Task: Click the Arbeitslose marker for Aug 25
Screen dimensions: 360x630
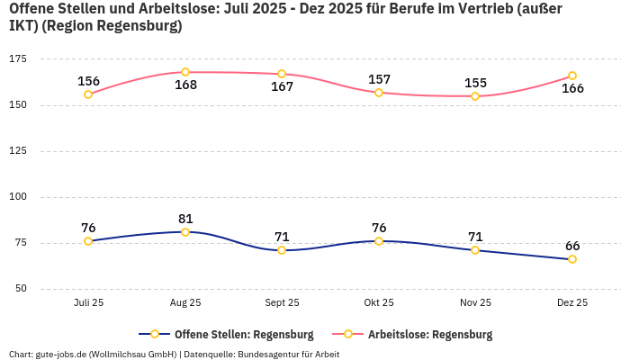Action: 185,72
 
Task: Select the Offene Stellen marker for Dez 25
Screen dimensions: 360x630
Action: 572,259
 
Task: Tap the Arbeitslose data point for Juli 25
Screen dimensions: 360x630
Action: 88,94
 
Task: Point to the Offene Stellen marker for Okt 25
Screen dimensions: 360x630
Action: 379,241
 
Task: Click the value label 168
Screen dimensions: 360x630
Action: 185,85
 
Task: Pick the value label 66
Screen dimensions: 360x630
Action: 572,246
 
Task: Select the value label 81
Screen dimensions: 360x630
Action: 185,219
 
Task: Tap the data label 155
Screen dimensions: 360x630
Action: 475,83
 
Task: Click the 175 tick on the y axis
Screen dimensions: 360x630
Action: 18,58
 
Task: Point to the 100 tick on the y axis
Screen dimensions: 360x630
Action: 18,197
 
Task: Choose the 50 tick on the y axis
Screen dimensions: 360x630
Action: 21,289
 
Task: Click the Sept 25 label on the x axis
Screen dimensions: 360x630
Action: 282,303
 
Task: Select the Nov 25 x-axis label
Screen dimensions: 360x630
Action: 475,303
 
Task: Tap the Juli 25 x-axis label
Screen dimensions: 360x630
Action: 88,303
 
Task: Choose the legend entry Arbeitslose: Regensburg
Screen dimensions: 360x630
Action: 429,335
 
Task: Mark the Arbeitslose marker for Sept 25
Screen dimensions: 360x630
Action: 282,74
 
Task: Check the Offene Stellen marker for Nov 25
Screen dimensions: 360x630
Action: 475,250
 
